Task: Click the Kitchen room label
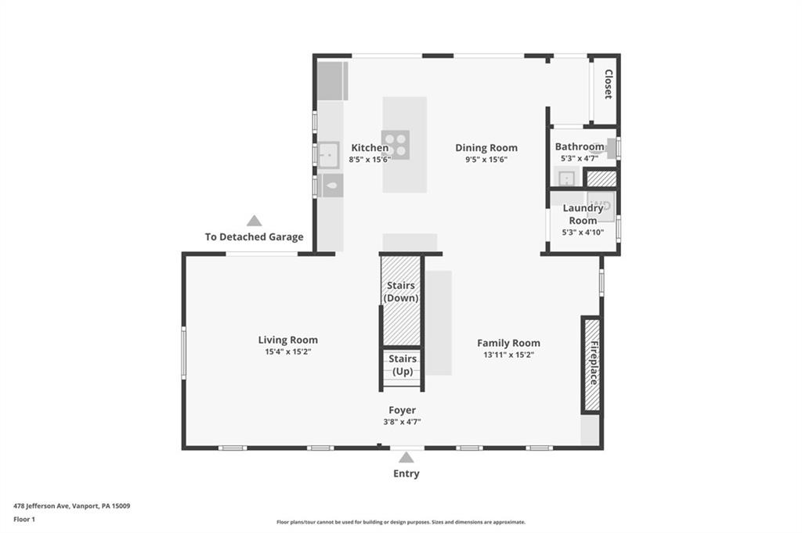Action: (369, 148)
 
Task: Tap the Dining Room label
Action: (486, 148)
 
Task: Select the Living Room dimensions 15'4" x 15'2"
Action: (288, 352)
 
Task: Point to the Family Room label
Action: (508, 343)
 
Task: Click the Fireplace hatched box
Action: (592, 365)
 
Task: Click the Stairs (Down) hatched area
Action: (401, 301)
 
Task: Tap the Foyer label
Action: (403, 410)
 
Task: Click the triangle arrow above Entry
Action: (406, 457)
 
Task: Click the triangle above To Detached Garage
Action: (254, 221)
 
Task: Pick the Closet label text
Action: (607, 85)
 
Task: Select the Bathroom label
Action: (580, 146)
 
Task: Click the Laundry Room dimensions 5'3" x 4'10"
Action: (583, 232)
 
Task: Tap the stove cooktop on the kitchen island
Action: (396, 145)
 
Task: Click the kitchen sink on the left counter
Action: (328, 154)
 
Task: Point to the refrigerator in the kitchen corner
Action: (331, 81)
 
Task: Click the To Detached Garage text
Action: (254, 237)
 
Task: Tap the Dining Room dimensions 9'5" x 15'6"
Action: (486, 160)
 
